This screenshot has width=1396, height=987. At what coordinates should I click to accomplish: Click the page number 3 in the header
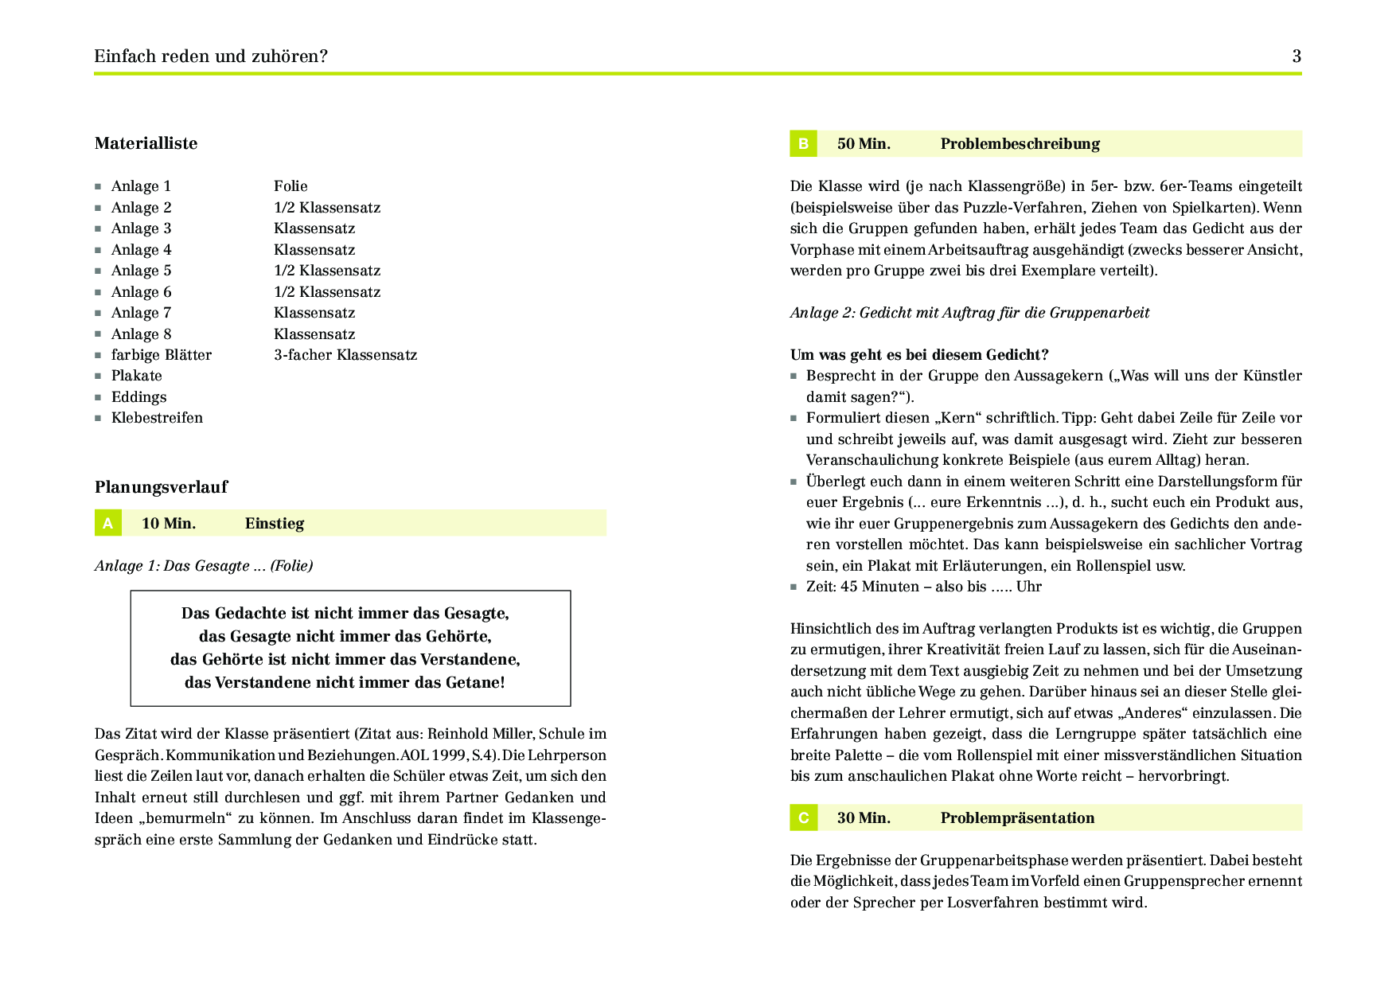1297,56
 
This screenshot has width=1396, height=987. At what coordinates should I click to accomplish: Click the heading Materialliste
146,143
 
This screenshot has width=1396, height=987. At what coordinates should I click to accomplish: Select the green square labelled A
108,523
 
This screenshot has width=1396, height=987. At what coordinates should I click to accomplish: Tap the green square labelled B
803,144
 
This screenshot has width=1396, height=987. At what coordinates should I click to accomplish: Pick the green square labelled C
803,817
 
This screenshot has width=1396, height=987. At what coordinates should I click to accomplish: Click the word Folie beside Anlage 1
291,186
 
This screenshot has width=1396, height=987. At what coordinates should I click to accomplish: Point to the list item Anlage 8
141,334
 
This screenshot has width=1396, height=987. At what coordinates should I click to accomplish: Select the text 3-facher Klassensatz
345,355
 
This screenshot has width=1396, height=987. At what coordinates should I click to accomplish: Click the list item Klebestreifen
157,418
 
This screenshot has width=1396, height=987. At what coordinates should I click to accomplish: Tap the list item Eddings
138,397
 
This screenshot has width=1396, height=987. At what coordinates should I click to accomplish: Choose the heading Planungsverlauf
161,487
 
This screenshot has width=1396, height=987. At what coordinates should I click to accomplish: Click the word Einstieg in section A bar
275,524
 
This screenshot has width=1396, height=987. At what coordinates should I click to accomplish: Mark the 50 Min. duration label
864,144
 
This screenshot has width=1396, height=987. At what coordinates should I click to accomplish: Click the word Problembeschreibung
1020,144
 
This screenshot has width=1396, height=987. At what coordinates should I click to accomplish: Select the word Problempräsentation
1017,818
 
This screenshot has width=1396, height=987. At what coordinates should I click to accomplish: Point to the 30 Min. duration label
864,818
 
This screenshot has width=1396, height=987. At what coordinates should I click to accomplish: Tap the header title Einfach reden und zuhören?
211,57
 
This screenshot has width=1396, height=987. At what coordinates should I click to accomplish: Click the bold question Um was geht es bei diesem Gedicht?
919,355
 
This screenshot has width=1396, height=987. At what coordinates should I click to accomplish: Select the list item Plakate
136,376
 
